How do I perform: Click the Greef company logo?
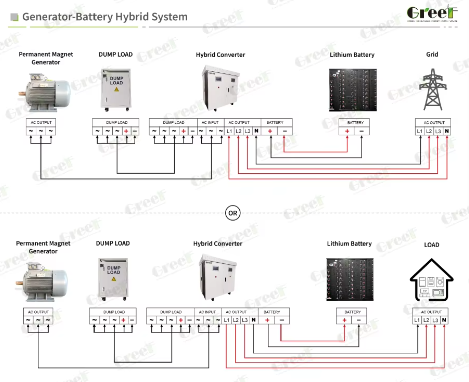click(432, 14)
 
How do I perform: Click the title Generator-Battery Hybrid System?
click(105, 17)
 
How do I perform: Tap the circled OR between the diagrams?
click(233, 213)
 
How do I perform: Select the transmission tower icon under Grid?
click(432, 89)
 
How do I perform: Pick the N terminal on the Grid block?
click(447, 131)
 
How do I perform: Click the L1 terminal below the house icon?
click(417, 320)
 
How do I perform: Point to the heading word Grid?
click(432, 54)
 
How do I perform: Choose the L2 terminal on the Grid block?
click(428, 131)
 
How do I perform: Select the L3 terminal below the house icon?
click(435, 320)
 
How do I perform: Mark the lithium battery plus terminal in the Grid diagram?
click(347, 131)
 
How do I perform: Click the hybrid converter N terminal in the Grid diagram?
click(256, 131)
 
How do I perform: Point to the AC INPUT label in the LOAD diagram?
click(207, 312)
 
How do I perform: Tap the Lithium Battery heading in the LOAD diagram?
click(349, 244)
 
